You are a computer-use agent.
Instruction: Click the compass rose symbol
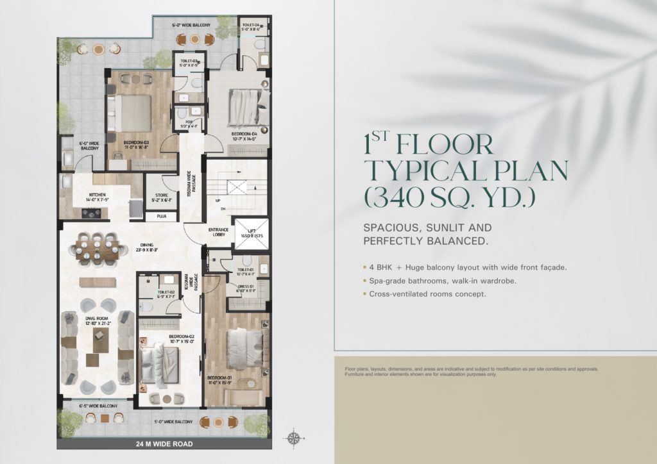click(x=294, y=438)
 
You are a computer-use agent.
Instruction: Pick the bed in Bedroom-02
click(x=160, y=364)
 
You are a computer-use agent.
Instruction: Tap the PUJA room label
click(x=160, y=217)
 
